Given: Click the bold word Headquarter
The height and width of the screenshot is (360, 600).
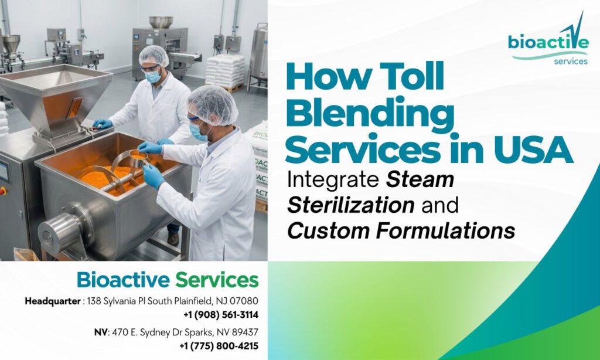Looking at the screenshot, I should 52,301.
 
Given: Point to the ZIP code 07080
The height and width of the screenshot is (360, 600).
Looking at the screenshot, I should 244,301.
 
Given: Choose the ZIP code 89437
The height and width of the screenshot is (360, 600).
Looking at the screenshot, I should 244,332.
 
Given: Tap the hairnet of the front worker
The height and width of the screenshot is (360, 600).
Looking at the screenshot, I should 212,104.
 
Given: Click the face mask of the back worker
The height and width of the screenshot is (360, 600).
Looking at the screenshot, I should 152,76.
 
